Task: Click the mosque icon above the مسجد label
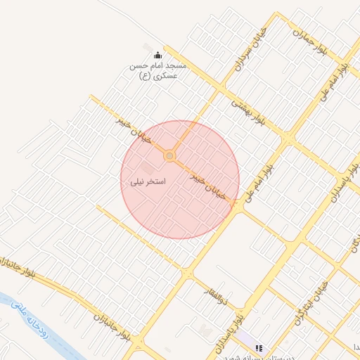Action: coord(157,56)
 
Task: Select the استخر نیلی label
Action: coord(148,181)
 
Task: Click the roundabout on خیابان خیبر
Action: coord(169,155)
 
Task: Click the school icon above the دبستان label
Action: coord(259,347)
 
